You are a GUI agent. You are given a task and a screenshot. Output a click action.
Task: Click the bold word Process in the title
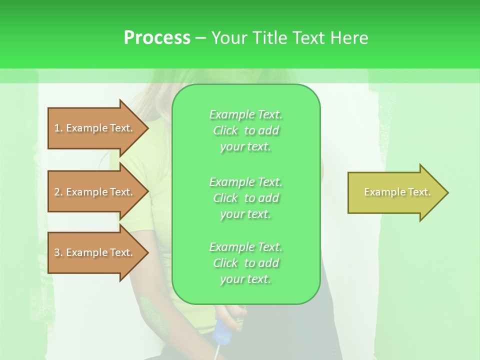[x=157, y=37]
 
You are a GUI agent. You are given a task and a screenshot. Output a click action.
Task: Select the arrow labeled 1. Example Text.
[x=95, y=128]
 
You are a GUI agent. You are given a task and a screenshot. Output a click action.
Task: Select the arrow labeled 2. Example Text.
[x=95, y=192]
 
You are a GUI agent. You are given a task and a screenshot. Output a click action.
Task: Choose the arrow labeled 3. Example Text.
[x=95, y=252]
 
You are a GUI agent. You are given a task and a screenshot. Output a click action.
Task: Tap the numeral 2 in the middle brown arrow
[x=57, y=192]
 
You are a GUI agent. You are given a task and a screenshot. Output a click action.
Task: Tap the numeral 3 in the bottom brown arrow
[x=57, y=252]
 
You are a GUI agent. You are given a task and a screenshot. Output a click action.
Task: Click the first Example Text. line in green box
[x=245, y=114]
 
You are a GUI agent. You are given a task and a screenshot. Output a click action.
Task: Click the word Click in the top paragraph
[x=225, y=130]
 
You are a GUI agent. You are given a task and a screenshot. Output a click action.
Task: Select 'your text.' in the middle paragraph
[x=245, y=214]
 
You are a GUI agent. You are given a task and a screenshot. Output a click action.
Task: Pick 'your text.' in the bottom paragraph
[x=245, y=279]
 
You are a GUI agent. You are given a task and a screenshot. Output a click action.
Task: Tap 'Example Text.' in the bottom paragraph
[x=245, y=247]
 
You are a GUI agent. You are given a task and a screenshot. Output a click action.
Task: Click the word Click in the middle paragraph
[x=225, y=198]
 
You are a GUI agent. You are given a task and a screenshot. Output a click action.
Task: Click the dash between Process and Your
[x=200, y=38]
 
